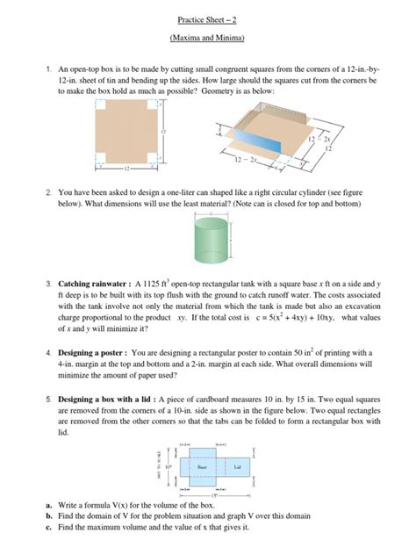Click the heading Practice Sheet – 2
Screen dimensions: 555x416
208,18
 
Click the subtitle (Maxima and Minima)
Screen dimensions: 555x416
208,39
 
